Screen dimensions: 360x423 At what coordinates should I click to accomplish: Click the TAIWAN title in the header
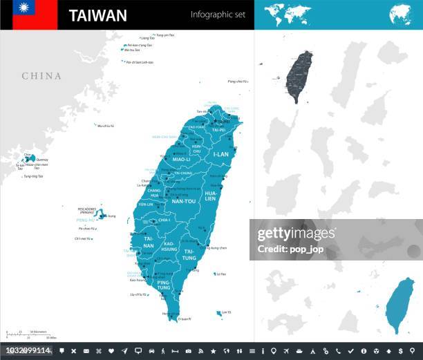pyautogui.click(x=98, y=15)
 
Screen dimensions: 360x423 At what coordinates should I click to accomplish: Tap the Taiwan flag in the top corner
pyautogui.click(x=28, y=15)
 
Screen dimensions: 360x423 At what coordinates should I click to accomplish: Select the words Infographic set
pyautogui.click(x=217, y=15)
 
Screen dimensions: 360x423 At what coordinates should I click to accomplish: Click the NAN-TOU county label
pyautogui.click(x=183, y=201)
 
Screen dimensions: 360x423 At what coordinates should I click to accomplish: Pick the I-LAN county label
pyautogui.click(x=221, y=155)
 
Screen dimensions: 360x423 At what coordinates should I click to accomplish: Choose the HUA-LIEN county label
pyautogui.click(x=211, y=196)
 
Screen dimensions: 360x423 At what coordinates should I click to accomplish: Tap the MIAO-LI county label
pyautogui.click(x=181, y=160)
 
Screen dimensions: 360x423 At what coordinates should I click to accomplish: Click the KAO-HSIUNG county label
pyautogui.click(x=169, y=247)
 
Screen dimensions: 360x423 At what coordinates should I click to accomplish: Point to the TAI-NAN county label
pyautogui.click(x=148, y=243)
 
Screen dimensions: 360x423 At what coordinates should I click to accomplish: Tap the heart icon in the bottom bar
pyautogui.click(x=111, y=352)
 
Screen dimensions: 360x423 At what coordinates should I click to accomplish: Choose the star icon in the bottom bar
pyautogui.click(x=214, y=352)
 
